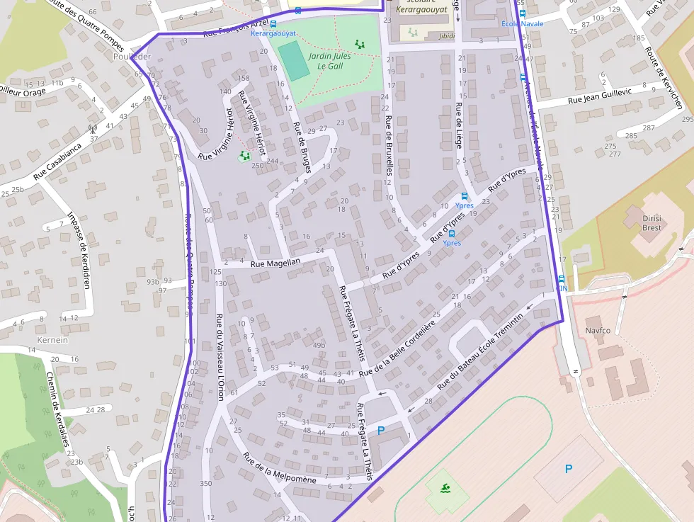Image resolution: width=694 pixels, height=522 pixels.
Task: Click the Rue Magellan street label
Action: coord(280,262)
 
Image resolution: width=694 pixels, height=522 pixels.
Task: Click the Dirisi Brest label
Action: coord(652,223)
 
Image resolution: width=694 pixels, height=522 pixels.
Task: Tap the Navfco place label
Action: coord(598,331)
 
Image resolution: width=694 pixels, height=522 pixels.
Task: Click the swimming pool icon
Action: coord(445,489)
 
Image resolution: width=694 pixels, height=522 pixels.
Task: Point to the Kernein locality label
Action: coord(47,340)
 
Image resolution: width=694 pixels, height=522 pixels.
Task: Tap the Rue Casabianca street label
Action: coord(57,161)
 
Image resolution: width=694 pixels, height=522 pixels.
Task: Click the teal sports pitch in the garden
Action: coord(293,61)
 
